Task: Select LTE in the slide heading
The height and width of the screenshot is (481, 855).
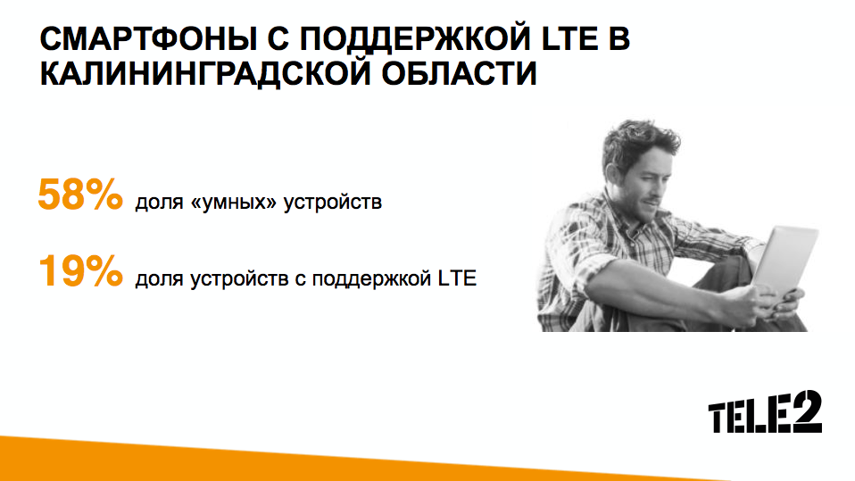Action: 569,38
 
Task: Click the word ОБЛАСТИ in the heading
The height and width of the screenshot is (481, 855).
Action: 459,73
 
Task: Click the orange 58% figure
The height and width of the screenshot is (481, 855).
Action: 80,195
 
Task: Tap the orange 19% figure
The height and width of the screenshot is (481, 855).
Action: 80,270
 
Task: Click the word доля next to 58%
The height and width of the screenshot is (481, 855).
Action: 159,203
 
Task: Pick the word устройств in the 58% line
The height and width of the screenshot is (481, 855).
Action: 333,203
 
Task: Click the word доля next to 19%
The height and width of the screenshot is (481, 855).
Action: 159,279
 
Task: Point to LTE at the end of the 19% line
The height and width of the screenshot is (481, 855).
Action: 457,278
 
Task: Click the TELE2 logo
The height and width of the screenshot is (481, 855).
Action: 765,412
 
